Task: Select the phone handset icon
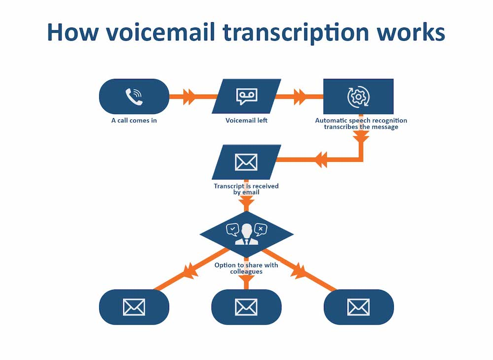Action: click(134, 97)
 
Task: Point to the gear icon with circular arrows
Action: click(358, 97)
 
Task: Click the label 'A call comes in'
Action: click(134, 120)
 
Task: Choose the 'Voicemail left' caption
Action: click(246, 120)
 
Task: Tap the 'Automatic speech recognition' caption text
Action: click(361, 120)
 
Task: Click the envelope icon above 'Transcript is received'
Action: click(246, 162)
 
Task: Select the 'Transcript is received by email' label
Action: click(246, 189)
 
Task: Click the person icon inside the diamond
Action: click(246, 234)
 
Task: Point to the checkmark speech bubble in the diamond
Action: click(232, 229)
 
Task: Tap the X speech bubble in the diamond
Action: click(260, 229)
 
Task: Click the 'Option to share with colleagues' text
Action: click(246, 268)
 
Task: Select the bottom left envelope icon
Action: click(134, 307)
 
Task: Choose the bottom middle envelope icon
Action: click(246, 307)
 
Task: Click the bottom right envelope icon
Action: click(358, 307)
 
